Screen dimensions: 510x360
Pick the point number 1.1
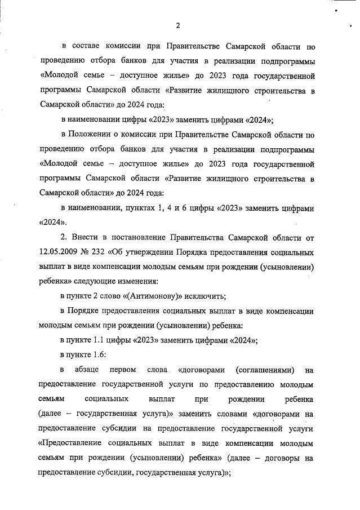pos(105,340)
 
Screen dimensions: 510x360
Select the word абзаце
pos(87,370)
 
